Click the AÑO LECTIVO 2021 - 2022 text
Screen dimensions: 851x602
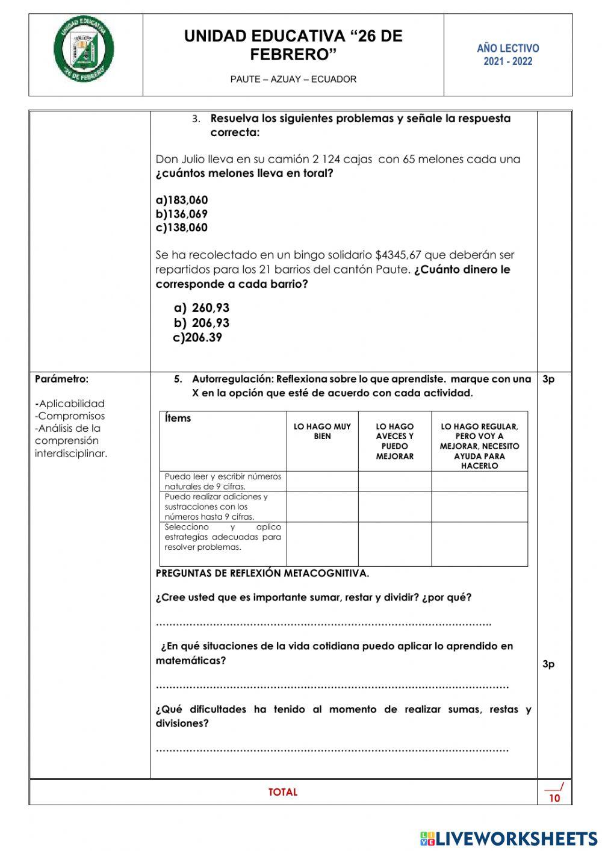[x=508, y=55]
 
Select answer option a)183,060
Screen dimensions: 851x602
[x=182, y=200]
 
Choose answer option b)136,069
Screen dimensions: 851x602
[x=182, y=214]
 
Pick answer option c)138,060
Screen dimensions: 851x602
[x=182, y=228]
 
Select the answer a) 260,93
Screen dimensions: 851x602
[x=202, y=308]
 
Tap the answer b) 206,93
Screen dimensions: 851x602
[x=202, y=323]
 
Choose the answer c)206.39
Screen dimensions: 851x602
[x=197, y=337]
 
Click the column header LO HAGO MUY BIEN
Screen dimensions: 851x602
[x=322, y=431]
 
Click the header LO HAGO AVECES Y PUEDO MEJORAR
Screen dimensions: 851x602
[x=395, y=441]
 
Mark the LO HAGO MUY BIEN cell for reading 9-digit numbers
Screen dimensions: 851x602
[x=322, y=481]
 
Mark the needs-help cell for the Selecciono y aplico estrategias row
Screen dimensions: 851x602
[x=479, y=544]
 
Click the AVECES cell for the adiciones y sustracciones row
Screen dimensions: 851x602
[x=395, y=507]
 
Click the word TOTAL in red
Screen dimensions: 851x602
[x=283, y=792]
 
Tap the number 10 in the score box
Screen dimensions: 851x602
[x=554, y=799]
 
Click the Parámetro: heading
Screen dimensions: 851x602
[x=61, y=379]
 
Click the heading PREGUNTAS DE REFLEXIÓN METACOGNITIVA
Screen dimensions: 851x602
[x=262, y=573]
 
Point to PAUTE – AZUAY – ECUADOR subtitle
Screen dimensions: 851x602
[x=293, y=79]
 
